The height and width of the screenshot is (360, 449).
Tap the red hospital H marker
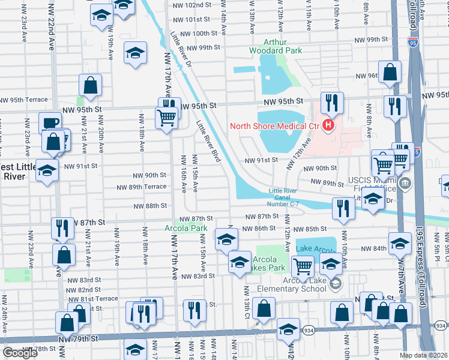(x=328, y=125)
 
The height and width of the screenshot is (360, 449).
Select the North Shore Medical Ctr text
(x=274, y=126)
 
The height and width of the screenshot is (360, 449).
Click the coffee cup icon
(x=50, y=122)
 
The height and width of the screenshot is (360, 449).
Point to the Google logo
(x=20, y=353)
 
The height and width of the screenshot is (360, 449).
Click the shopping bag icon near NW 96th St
(x=390, y=73)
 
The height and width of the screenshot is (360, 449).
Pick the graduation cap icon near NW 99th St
(x=136, y=53)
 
